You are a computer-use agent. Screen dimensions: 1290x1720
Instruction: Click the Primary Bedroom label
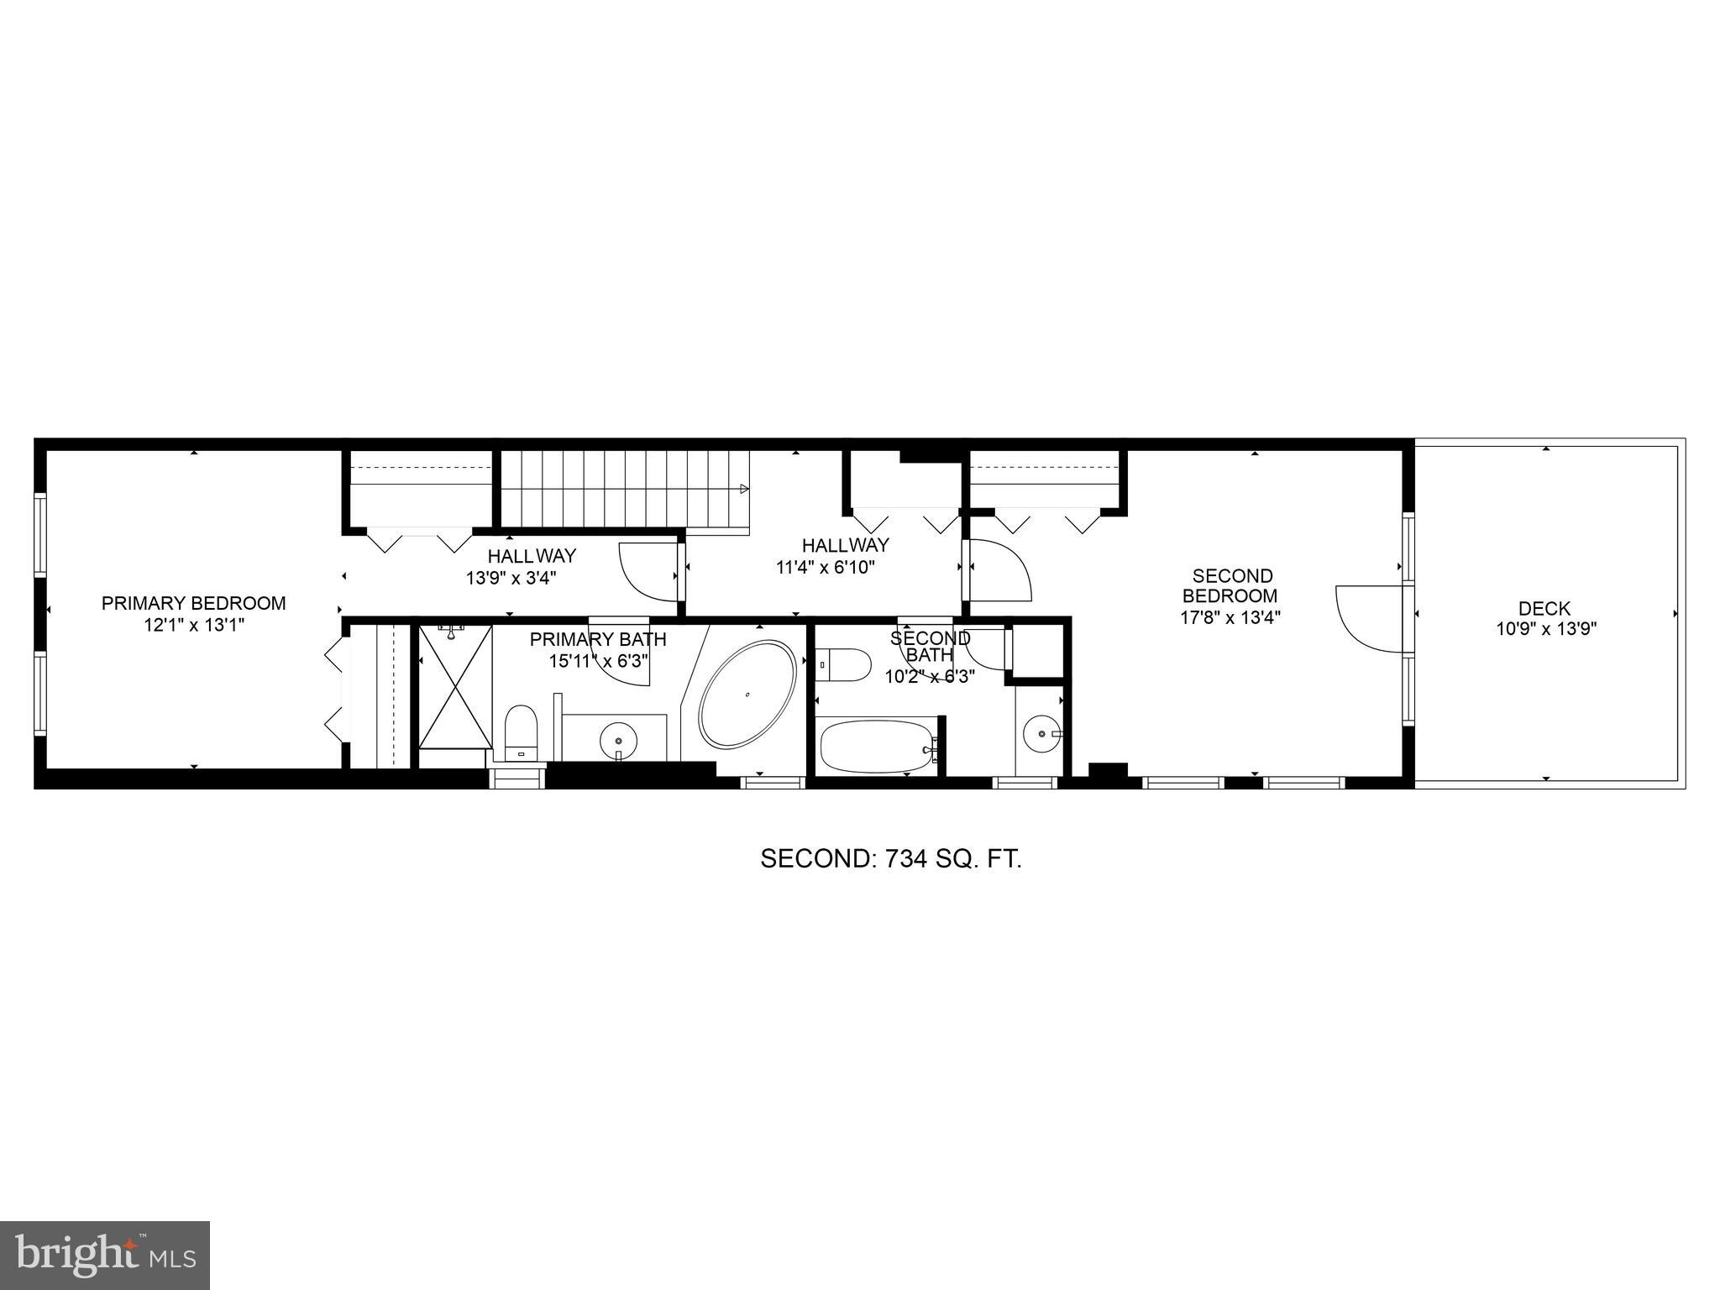[193, 603]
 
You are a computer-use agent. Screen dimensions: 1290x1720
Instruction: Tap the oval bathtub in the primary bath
[747, 695]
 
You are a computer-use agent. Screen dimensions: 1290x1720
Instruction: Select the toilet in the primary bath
[521, 730]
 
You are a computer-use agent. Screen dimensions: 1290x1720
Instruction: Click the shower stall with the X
[454, 686]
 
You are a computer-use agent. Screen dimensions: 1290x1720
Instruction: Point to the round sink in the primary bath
[619, 740]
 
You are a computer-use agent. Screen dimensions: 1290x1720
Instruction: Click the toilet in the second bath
[843, 663]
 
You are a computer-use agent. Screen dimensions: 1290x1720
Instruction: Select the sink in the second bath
[1042, 733]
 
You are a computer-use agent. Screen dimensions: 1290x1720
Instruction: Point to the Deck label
[1544, 609]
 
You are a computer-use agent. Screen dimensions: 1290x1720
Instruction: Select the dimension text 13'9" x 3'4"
[511, 578]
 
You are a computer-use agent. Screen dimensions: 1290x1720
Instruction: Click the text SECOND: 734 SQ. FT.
[890, 858]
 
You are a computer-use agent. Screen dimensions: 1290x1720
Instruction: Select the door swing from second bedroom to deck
[1367, 618]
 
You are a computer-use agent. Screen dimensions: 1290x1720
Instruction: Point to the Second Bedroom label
[1232, 586]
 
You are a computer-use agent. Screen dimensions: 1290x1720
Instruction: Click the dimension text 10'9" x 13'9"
[1545, 628]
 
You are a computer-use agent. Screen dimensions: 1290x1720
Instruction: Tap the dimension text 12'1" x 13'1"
[193, 625]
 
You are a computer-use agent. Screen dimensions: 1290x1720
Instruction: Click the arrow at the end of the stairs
[744, 488]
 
